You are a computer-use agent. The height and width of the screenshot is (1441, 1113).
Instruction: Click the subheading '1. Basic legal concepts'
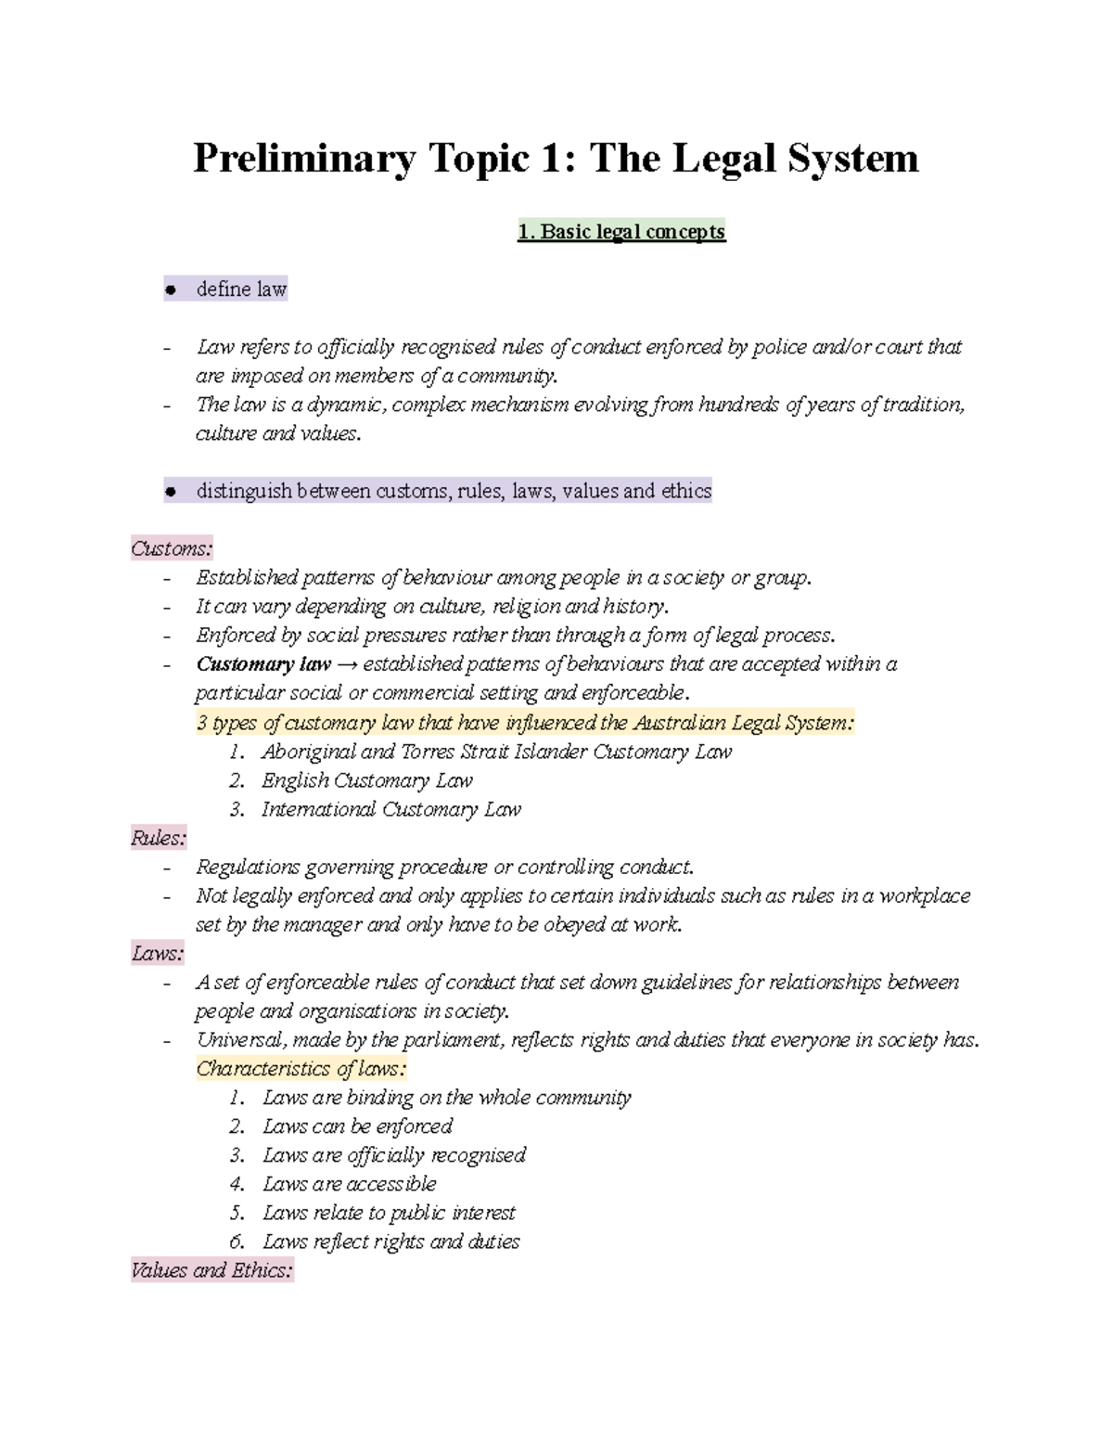point(620,231)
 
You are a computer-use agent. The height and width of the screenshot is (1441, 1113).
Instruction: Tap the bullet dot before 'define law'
point(170,290)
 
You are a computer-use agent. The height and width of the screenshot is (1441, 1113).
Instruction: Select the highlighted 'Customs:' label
point(172,548)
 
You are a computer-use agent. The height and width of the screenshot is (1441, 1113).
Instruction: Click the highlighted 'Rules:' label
point(159,838)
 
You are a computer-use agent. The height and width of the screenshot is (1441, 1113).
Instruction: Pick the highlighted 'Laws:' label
point(158,953)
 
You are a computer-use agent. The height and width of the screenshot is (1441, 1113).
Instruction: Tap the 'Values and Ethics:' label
point(212,1270)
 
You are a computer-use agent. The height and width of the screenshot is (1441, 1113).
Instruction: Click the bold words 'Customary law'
point(263,664)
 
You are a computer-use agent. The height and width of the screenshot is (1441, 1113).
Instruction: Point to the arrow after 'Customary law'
point(347,664)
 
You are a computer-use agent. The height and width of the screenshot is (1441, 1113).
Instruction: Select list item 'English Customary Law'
point(366,780)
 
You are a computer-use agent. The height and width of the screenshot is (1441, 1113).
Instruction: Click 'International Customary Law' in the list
point(390,809)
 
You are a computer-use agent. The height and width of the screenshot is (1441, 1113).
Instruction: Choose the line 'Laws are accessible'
point(349,1184)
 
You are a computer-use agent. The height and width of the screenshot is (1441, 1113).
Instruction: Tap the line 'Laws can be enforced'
point(357,1126)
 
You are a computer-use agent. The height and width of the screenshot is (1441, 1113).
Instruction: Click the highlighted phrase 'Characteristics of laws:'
point(301,1069)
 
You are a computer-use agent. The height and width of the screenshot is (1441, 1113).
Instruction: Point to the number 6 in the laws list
point(237,1242)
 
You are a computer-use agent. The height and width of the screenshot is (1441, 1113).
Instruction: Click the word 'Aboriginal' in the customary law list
point(305,752)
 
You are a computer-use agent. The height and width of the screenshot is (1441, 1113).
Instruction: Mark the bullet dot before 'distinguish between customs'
point(170,492)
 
